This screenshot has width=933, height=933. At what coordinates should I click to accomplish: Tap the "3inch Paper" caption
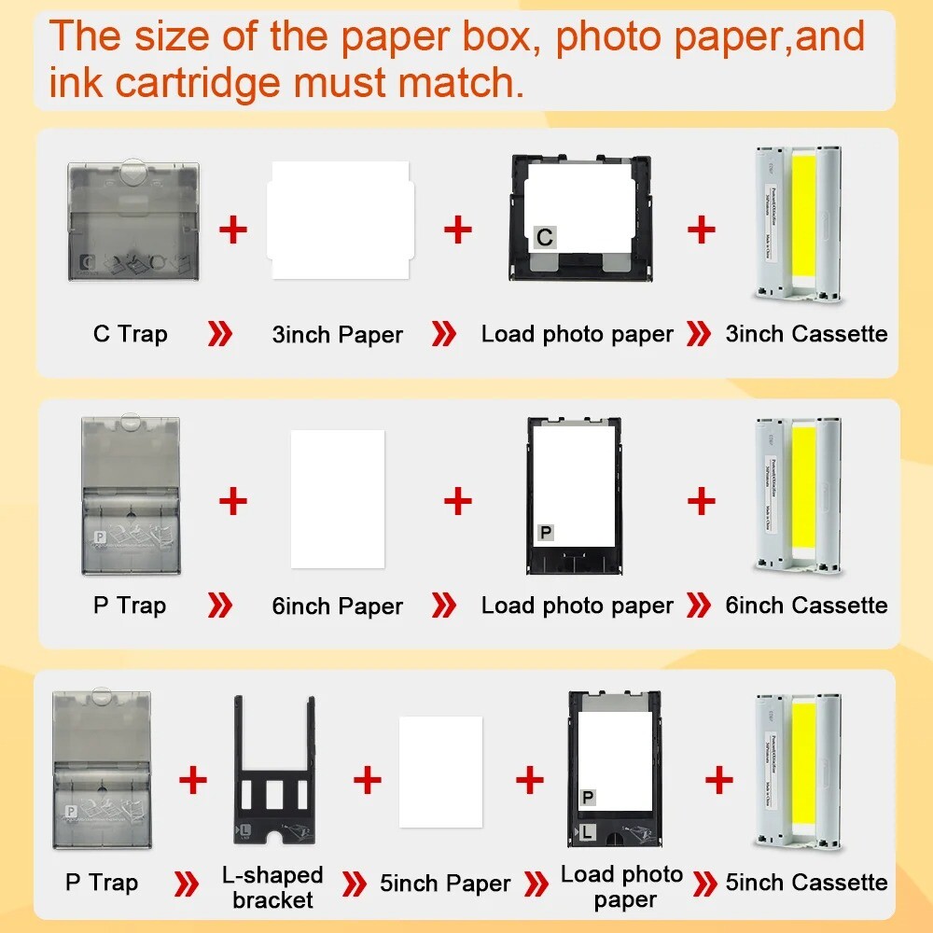[x=337, y=335]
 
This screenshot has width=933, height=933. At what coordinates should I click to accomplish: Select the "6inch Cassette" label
[x=806, y=606]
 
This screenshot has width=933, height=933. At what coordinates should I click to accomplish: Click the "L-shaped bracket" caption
[x=272, y=887]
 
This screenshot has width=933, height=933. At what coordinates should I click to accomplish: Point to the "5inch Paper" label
[x=445, y=884]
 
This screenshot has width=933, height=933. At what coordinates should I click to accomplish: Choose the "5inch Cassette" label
[x=806, y=883]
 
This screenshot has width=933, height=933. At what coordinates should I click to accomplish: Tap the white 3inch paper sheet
[x=339, y=220]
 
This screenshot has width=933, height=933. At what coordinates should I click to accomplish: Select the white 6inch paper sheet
[x=338, y=499]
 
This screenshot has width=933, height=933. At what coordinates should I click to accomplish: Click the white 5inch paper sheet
[x=440, y=772]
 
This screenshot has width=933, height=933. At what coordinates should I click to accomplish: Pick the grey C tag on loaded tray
[x=545, y=238]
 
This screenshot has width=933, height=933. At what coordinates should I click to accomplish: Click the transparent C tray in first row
[x=133, y=221]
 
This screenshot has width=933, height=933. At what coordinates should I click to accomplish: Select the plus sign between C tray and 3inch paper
[x=232, y=229]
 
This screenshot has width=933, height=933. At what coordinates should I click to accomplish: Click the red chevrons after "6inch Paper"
[x=444, y=606]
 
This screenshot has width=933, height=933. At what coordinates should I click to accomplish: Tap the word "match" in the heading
[x=453, y=82]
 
